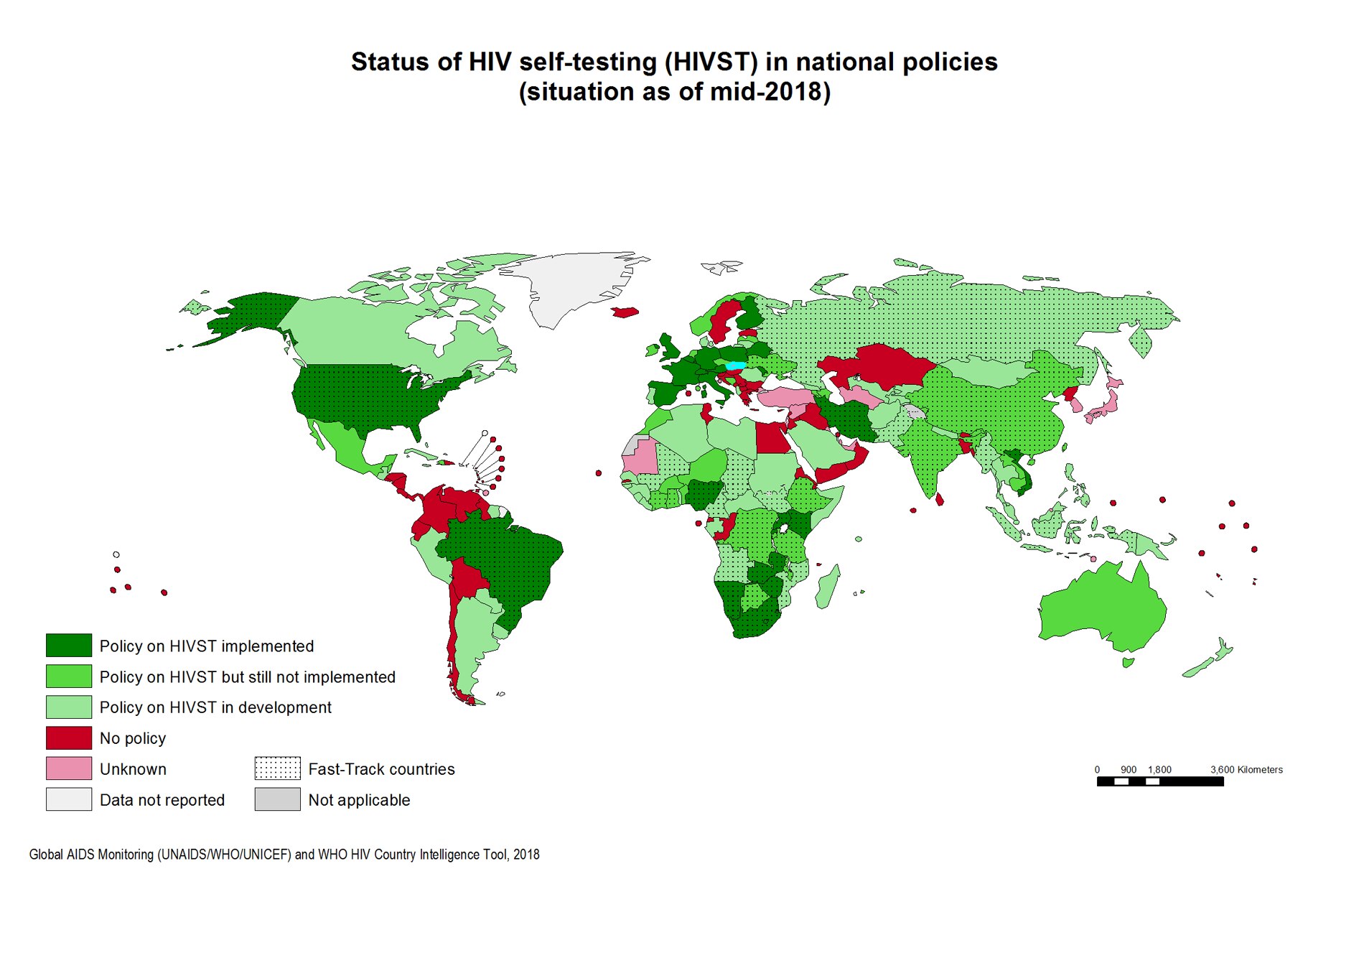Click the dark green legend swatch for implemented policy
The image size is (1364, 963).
tap(68, 645)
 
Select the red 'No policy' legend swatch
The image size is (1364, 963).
tap(68, 738)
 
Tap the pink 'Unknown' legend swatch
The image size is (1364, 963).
tap(68, 768)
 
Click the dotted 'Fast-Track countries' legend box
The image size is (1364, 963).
tap(277, 768)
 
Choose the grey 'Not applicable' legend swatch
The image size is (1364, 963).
tap(277, 799)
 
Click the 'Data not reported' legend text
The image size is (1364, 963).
tap(162, 800)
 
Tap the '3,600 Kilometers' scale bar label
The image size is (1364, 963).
tap(1246, 770)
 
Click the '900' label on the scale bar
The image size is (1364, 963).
tap(1128, 770)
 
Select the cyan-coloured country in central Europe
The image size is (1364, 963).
tap(736, 366)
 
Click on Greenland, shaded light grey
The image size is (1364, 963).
tap(574, 287)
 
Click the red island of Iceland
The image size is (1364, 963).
tap(625, 312)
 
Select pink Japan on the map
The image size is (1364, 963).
tap(1106, 406)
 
